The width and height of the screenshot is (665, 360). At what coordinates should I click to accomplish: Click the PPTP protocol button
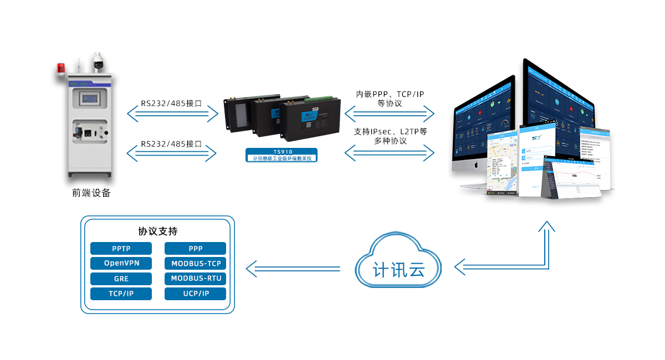tap(121, 249)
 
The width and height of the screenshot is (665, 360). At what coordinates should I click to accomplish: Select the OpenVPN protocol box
tap(121, 263)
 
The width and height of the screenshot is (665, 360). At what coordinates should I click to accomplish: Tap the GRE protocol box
tap(121, 279)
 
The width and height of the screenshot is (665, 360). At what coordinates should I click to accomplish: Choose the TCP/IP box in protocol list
tap(121, 294)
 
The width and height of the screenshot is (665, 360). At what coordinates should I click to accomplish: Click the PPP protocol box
tap(195, 249)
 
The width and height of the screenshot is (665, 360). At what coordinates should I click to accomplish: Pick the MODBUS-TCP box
tap(195, 263)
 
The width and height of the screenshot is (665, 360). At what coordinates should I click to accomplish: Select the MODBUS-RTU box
tap(195, 279)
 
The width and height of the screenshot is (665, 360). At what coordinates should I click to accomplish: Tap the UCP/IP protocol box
tap(195, 294)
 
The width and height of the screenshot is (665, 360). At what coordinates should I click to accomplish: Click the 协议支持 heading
tap(157, 231)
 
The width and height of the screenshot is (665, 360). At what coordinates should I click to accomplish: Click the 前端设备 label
tap(91, 193)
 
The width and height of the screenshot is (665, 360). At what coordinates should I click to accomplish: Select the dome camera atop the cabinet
tap(99, 60)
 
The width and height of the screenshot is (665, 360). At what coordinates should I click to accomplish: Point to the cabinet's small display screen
tap(91, 98)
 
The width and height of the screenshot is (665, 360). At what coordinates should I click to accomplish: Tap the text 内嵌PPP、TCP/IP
tap(390, 94)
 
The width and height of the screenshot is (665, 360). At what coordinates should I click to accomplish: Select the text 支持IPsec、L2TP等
tap(390, 132)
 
